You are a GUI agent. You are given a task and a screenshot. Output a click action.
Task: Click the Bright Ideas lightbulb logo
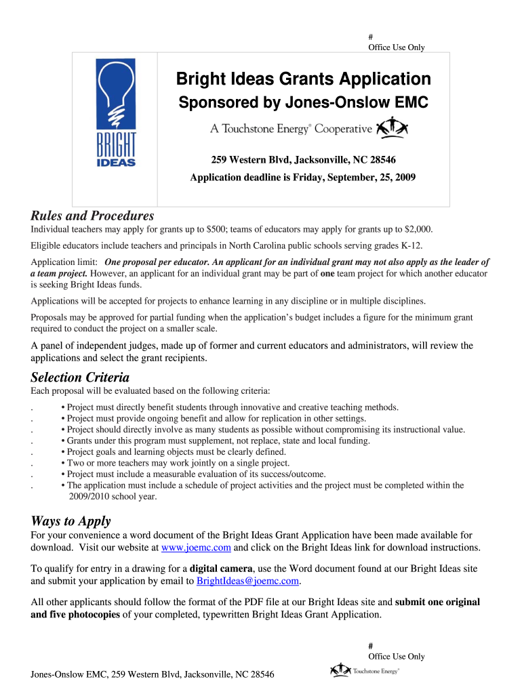pos(115,113)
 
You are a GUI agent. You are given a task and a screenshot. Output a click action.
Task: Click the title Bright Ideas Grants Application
pos(303,80)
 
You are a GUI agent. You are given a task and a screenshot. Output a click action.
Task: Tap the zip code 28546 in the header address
pos(382,160)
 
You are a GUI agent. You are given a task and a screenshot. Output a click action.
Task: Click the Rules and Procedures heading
pos(92,216)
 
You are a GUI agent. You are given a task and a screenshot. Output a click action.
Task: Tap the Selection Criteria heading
pos(80,377)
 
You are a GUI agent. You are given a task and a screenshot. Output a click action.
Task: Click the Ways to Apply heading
pos(71,521)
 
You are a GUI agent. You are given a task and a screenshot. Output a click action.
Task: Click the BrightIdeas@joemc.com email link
pos(247,581)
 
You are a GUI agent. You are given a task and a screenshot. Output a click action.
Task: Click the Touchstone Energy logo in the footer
pos(365,670)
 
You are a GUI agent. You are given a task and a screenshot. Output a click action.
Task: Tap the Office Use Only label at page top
pos(396,47)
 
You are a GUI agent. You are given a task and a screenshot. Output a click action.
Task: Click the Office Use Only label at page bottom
pos(396,656)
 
